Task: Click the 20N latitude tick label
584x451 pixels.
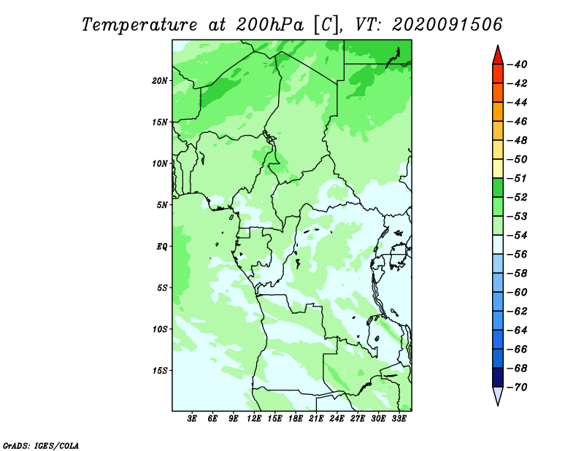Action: coord(160,81)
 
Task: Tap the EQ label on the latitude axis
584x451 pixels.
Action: coord(161,247)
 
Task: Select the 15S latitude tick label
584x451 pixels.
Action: coord(160,371)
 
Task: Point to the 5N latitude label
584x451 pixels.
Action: coord(162,205)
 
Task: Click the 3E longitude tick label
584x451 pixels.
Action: coord(192,419)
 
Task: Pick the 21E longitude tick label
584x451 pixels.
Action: coord(316,419)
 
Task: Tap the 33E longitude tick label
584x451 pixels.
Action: coord(399,419)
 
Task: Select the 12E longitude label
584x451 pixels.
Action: coord(254,419)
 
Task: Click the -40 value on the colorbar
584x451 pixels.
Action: coord(518,64)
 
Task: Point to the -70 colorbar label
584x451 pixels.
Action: coord(518,388)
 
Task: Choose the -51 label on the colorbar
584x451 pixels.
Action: coord(518,178)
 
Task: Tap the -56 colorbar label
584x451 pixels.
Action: coord(518,255)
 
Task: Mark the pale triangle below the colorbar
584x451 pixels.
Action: coord(498,395)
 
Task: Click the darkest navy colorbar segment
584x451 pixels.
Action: coord(498,377)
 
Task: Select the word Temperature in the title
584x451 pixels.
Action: coord(139,25)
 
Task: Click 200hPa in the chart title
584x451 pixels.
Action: coord(270,25)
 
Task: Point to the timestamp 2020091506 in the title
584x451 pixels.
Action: coord(447,25)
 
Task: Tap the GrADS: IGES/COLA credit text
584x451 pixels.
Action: coord(41,446)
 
